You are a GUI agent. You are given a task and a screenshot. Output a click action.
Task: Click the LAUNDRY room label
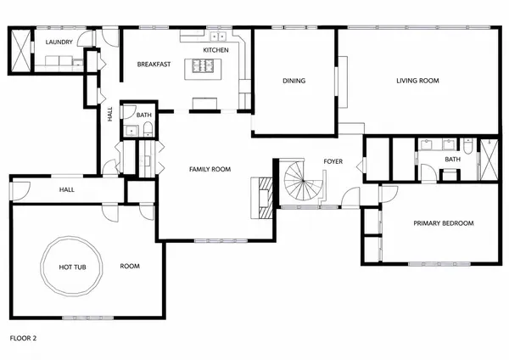pos(59,42)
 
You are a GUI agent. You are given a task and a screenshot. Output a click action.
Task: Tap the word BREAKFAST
pos(154,65)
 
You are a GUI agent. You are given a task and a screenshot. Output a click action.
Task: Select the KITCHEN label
pos(215,50)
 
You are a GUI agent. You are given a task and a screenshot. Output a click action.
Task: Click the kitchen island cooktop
pos(203,65)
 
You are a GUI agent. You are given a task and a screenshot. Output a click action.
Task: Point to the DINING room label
pos(294,81)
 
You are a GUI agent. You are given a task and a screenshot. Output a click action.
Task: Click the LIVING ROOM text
pos(417,81)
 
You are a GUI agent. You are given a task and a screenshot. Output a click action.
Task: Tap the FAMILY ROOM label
pos(210,169)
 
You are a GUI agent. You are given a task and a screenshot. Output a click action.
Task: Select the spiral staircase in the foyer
pos(301,181)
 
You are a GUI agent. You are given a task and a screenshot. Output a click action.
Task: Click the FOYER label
pos(333,161)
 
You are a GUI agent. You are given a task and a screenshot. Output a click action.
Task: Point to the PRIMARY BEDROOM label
pos(443,223)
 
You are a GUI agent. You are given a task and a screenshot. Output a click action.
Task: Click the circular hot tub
pos(72,266)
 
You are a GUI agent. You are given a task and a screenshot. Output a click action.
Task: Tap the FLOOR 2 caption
pos(23,338)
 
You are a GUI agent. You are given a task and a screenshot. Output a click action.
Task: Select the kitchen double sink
pos(218,37)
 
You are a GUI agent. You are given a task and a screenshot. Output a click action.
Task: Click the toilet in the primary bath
pos(468,147)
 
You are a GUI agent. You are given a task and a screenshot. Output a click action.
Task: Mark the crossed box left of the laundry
pos(20,50)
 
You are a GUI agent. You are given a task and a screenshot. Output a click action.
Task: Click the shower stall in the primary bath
pos(489,160)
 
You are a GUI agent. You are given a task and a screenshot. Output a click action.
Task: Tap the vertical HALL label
pos(110,114)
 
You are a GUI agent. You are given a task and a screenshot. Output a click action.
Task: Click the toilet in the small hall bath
pos(148,129)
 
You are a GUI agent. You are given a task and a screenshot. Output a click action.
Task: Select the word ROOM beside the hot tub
pos(130,266)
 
